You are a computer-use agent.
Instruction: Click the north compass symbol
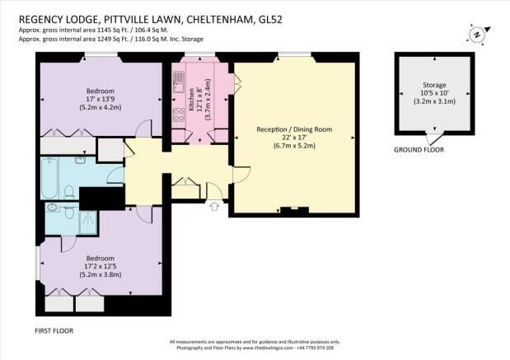[478, 35]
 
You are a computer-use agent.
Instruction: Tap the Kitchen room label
[192, 101]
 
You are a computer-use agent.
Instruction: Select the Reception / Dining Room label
[294, 129]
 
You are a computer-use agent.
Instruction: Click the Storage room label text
[434, 85]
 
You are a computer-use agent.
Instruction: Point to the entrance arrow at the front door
[214, 206]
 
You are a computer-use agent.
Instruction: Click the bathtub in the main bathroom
[49, 178]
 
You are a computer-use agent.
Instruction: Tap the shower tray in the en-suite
[88, 222]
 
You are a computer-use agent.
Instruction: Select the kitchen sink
[178, 82]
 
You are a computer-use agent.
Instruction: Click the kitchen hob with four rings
[178, 115]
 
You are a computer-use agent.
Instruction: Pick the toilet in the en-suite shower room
[68, 212]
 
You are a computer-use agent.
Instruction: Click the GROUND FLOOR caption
[419, 150]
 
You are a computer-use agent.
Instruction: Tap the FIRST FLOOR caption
[54, 330]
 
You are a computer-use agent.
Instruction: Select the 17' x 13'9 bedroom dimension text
[101, 99]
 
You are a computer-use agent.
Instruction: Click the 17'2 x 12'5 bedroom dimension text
[101, 266]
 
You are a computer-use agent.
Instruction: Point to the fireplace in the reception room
[294, 211]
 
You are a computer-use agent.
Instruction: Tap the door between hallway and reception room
[241, 175]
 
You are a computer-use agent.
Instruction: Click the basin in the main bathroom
[80, 160]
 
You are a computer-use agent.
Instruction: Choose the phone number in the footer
[315, 348]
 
